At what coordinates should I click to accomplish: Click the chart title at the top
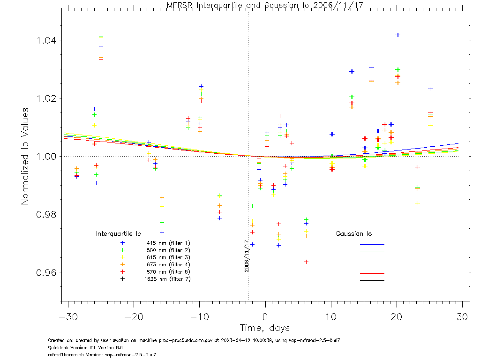coord(265,5)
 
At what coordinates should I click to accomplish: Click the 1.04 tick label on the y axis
coord(46,40)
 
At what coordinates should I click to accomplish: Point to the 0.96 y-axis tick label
coord(46,272)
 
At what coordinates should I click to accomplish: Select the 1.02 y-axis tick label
coord(46,98)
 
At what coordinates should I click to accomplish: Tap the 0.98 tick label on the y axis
coord(46,214)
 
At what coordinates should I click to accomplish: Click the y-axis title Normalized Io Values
coord(25,156)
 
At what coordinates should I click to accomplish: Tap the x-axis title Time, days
coord(265,328)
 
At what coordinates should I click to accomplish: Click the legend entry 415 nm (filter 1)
coord(167,243)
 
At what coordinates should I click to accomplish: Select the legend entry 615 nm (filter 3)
coord(167,257)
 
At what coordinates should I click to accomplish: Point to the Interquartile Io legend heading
coord(119,233)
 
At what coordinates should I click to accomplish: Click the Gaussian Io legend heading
coord(354,233)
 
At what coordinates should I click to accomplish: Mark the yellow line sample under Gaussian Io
coord(372,259)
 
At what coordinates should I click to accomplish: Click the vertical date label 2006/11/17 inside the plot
coord(247,256)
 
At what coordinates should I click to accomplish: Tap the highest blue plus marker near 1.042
coord(398,35)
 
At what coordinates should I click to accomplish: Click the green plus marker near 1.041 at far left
coord(101,37)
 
